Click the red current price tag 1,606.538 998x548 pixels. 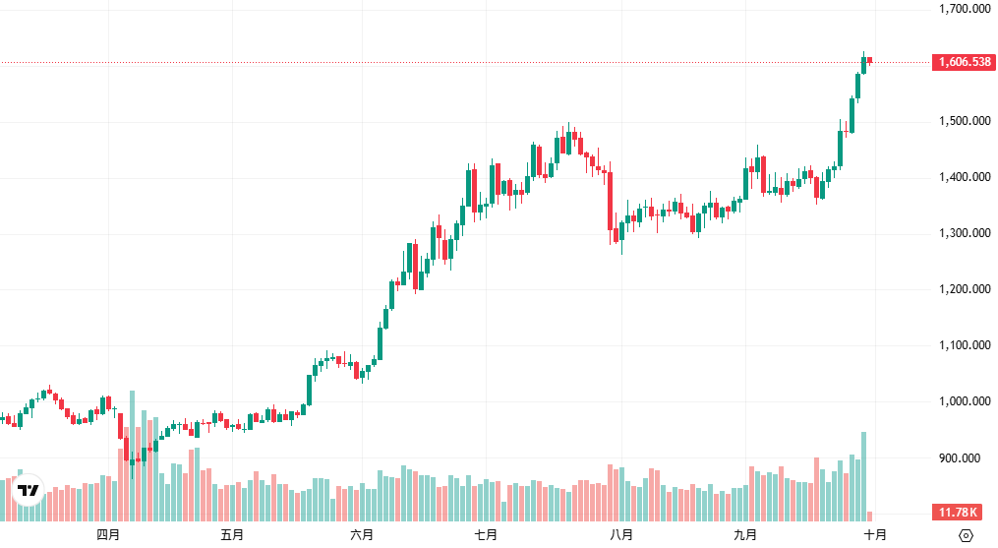tap(964, 62)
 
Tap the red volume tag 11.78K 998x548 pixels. tap(958, 512)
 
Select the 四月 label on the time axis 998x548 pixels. tap(108, 535)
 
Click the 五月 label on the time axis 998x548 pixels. tap(232, 535)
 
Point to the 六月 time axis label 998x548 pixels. tap(362, 535)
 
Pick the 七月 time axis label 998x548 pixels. tap(485, 535)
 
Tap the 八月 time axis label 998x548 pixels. tap(620, 535)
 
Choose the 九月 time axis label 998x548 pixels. tap(745, 535)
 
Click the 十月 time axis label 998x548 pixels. tap(875, 535)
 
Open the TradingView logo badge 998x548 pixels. tap(29, 490)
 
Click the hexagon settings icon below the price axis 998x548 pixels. tap(966, 535)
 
